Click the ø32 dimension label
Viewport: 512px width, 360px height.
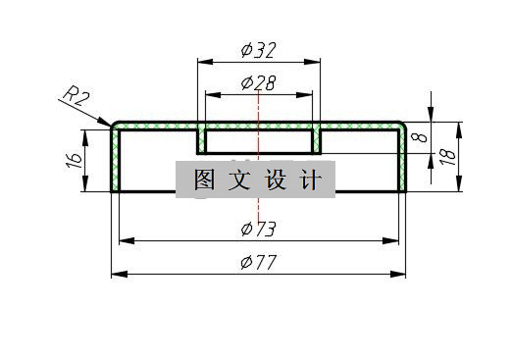pyautogui.click(x=259, y=49)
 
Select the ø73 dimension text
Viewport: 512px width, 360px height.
pyautogui.click(x=258, y=230)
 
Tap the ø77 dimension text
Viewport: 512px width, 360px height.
pyautogui.click(x=258, y=262)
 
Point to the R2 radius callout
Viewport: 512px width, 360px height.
pyautogui.click(x=77, y=97)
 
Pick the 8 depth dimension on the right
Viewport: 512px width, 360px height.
pyautogui.click(x=420, y=138)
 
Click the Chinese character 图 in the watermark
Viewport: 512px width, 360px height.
pyautogui.click(x=204, y=180)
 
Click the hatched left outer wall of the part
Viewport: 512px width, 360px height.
pyautogui.click(x=115, y=162)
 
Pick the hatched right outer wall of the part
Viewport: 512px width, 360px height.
pyautogui.click(x=402, y=162)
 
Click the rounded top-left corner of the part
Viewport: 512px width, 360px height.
pyautogui.click(x=116, y=127)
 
